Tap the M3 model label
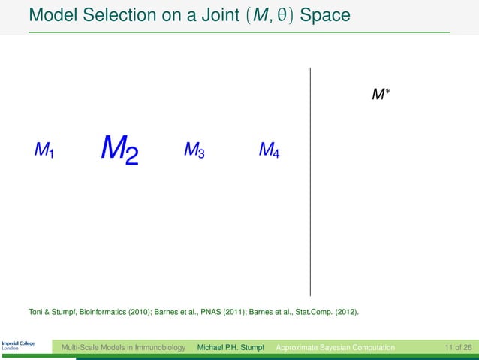pos(194,151)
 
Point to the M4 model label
pos(269,151)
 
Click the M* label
pos(381,95)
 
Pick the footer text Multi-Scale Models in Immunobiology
pos(123,347)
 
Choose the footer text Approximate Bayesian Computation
pos(335,347)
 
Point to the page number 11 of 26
pos(457,347)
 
